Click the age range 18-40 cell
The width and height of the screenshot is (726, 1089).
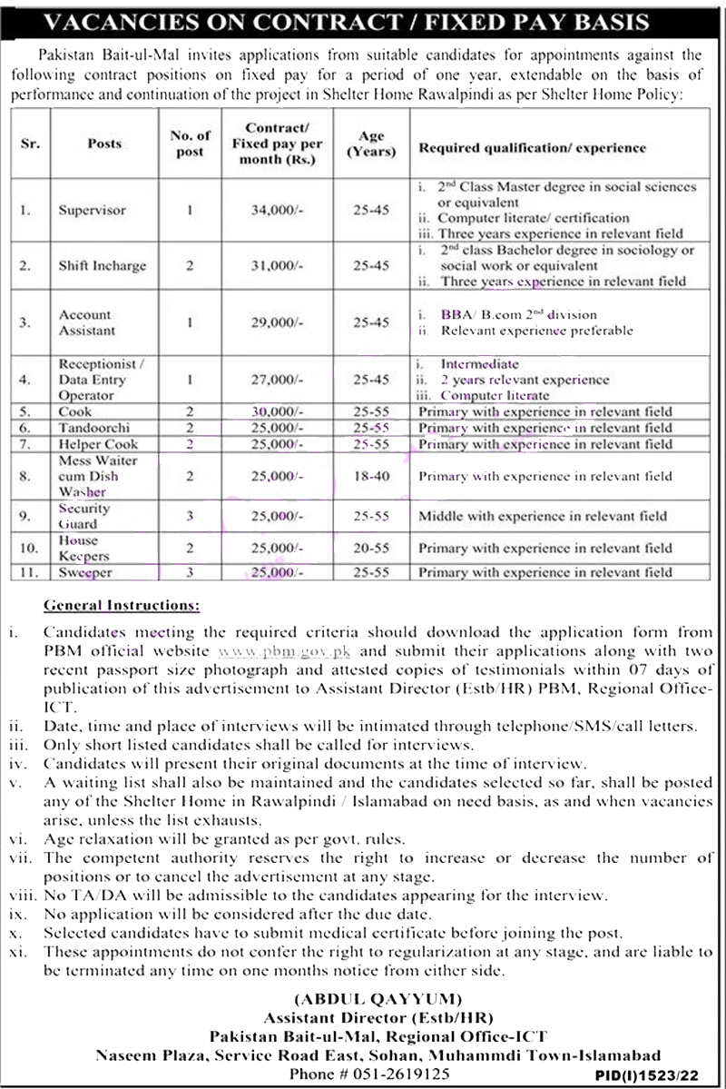[x=372, y=476]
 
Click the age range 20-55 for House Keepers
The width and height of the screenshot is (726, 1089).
[x=372, y=548]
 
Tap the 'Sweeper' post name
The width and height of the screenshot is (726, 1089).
[x=88, y=572]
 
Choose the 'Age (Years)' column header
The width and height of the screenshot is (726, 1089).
[x=372, y=144]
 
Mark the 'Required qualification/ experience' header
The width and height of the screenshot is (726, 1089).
[x=532, y=147]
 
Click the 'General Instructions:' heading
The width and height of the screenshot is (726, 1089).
[x=123, y=604]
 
